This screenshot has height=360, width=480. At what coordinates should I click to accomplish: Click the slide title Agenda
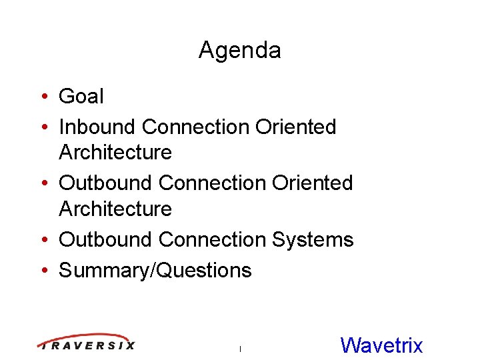(x=239, y=51)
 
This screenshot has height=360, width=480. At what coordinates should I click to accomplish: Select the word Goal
(x=81, y=97)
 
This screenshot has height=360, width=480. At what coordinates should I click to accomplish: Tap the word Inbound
(x=98, y=127)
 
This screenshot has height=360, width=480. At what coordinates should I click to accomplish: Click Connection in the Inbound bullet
(x=197, y=127)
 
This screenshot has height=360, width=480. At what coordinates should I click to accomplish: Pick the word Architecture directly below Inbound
(x=115, y=153)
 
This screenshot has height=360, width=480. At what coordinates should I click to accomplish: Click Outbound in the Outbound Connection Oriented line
(x=107, y=183)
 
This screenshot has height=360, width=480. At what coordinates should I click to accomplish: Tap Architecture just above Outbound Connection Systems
(x=115, y=209)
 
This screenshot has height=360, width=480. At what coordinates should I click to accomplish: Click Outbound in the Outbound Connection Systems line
(x=107, y=239)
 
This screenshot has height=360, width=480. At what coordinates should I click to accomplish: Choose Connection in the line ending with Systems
(x=214, y=239)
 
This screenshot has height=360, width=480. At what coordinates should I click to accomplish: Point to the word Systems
(x=314, y=239)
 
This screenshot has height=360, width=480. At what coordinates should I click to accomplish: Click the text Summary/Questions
(x=155, y=270)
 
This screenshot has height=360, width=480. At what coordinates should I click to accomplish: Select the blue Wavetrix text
(x=381, y=345)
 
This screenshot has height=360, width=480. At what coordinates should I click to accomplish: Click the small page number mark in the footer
(x=239, y=348)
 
